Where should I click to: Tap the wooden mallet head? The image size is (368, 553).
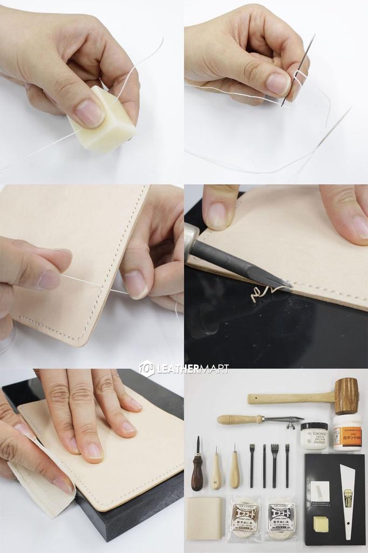click(346, 396)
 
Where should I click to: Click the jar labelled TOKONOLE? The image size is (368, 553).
click(314, 436)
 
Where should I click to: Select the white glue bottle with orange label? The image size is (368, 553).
click(347, 433)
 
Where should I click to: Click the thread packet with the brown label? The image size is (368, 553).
click(245, 518)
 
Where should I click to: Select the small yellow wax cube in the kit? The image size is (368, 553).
click(321, 523)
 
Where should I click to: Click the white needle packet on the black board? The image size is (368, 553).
click(320, 491)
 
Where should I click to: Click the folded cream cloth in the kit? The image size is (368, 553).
click(203, 517)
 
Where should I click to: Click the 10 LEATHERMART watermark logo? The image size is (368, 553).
click(184, 369)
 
